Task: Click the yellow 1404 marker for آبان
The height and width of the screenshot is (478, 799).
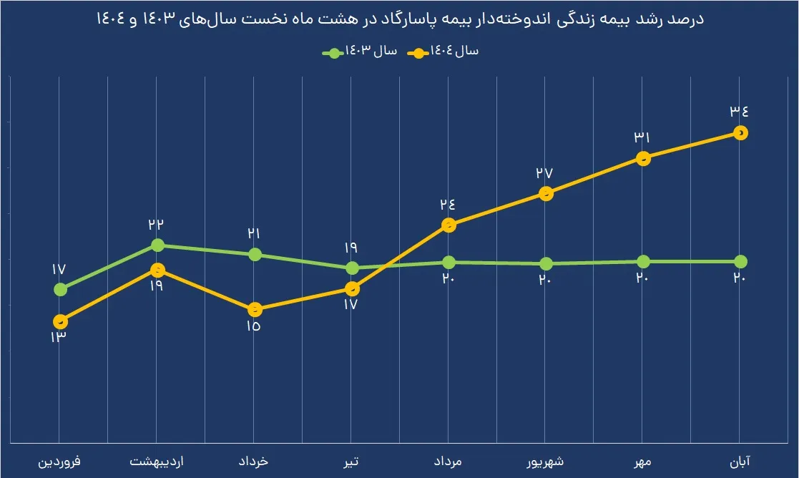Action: point(740,132)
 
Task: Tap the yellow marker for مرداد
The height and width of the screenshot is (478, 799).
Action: point(448,225)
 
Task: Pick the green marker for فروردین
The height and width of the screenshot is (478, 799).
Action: point(60,289)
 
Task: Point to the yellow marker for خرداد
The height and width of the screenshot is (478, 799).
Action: point(255,310)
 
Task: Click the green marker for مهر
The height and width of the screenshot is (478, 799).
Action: point(643,261)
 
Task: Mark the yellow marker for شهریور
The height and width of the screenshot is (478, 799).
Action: point(546,193)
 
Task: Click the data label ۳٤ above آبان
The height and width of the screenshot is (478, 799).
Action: point(739,111)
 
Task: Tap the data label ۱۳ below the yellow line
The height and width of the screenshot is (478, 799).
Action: point(58,337)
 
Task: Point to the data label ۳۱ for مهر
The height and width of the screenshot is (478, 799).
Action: point(642,137)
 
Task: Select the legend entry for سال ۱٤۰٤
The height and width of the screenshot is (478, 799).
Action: point(446,52)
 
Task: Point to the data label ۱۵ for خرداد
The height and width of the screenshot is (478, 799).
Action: point(254,327)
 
